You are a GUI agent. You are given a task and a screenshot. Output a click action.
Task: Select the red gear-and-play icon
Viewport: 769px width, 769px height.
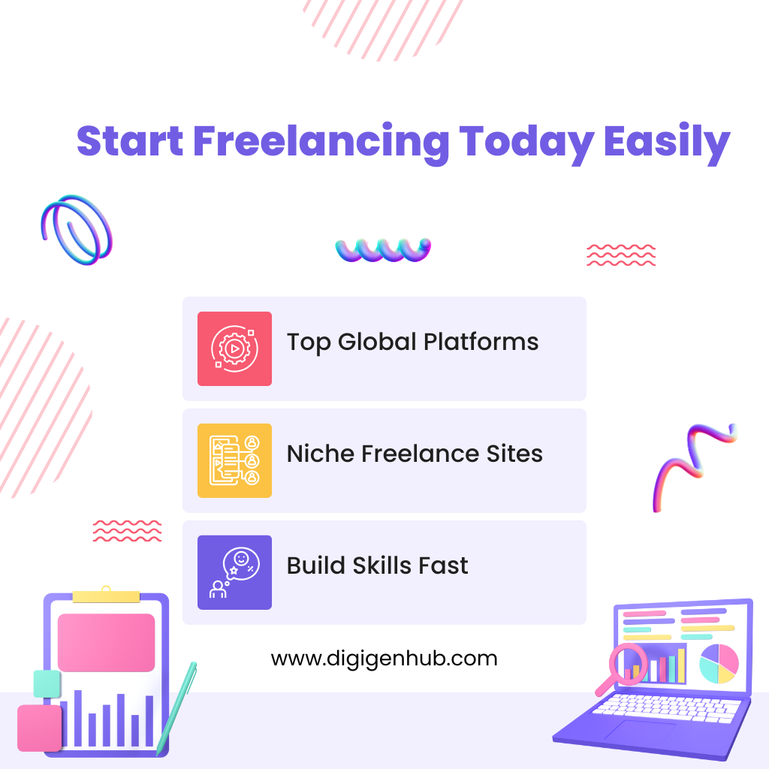coord(234,348)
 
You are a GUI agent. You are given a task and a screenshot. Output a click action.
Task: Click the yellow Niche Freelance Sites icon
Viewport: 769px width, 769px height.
coord(234,460)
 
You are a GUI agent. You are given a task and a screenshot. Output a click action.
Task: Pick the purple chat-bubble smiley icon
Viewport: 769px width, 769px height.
coord(234,572)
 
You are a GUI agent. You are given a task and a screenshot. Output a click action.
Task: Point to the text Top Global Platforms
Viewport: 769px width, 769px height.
coord(412,342)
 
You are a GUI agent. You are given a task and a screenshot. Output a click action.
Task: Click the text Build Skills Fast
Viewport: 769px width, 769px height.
coord(377,565)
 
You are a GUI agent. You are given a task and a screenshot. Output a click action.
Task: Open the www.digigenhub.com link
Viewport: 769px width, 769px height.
coord(384,659)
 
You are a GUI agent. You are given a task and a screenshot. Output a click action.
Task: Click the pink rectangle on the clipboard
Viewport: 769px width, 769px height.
coord(106,642)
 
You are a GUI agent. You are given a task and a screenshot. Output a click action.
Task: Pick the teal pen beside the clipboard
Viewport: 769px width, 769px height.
coord(177,706)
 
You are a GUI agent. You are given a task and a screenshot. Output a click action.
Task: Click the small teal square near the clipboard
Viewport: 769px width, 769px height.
coord(47,683)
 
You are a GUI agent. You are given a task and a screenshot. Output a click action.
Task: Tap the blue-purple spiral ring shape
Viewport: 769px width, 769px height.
coord(76,229)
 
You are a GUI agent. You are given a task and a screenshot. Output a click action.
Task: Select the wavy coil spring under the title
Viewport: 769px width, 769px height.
coord(383,250)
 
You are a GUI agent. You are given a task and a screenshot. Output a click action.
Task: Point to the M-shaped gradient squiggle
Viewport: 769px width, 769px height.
coord(692,466)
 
